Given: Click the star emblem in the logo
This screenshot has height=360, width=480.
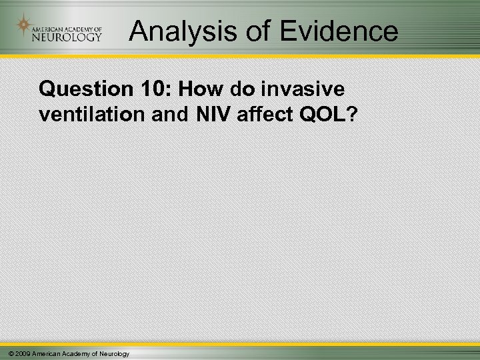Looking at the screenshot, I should pyautogui.click(x=25, y=26).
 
